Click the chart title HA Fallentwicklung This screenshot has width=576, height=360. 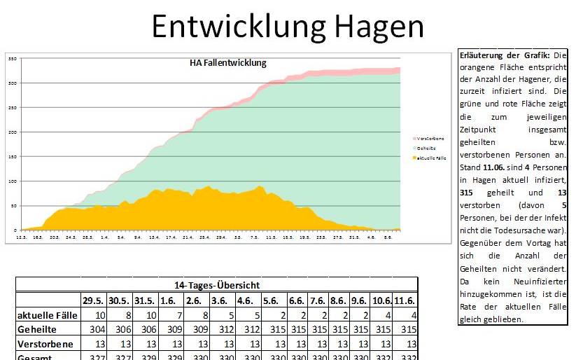(x=228, y=63)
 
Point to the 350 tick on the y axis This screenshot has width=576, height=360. (x=12, y=59)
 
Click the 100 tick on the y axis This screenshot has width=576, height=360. (x=12, y=181)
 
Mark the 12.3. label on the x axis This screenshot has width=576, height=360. (x=22, y=238)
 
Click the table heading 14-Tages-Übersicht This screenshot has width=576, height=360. (x=216, y=285)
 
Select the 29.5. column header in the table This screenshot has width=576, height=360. (x=93, y=300)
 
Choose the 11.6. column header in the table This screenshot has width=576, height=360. (x=406, y=300)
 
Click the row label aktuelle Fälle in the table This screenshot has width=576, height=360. (x=47, y=315)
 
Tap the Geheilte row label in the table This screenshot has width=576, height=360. (x=38, y=330)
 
